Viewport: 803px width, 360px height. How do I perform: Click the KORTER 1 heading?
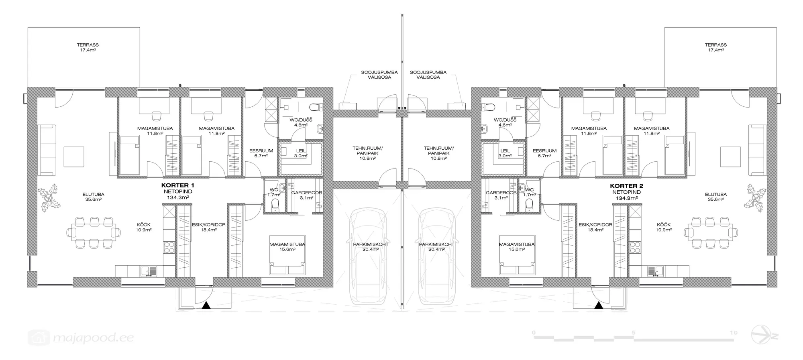tap(177, 185)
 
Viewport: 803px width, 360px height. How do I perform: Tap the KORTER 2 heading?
tap(626, 186)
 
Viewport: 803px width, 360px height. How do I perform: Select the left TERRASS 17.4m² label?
tap(88, 47)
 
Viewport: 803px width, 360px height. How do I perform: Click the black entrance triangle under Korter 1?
tap(206, 306)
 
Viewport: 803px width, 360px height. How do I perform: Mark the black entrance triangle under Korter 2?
tap(598, 306)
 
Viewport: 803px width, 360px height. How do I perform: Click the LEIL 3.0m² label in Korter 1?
tap(301, 153)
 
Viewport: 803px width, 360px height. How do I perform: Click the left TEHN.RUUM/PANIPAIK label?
tap(368, 153)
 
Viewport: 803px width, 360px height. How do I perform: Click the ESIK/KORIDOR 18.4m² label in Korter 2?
tap(596, 227)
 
